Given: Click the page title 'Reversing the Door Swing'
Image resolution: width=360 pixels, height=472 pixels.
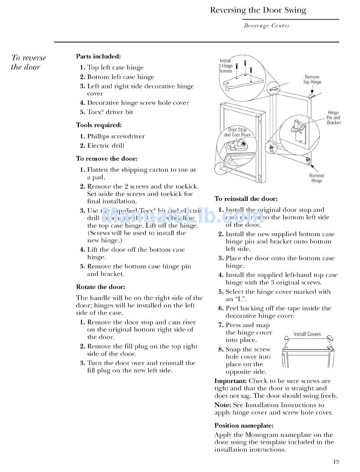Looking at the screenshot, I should coord(258,10).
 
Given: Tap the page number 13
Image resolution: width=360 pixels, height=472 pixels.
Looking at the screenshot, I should coord(336,461).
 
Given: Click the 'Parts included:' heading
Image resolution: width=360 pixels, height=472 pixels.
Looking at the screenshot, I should coord(98,56).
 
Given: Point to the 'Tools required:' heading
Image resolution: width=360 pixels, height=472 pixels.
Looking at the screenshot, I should coord(99,125).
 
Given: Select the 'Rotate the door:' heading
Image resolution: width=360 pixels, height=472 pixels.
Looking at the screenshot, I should coord(100,287).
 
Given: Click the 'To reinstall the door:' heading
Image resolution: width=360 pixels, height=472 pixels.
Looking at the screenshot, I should coord(246,199).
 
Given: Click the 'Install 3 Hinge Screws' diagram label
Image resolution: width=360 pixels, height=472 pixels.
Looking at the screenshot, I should coord(225,66).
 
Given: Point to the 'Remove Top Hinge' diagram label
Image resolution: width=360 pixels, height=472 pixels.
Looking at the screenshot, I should coord(312,79).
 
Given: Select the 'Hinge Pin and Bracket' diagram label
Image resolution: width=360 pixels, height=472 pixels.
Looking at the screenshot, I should coord(333,118).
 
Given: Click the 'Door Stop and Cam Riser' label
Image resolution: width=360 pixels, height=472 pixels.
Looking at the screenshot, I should coord(237,132).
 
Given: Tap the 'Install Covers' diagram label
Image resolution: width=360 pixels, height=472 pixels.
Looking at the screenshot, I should coord(307,334).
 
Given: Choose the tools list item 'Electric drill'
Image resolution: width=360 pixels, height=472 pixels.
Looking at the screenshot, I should coord(105,146).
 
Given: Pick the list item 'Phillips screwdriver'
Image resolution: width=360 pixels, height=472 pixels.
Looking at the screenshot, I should coord(116,136).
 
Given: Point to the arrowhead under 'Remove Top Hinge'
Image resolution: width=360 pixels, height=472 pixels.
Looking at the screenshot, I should coord(312,91).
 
